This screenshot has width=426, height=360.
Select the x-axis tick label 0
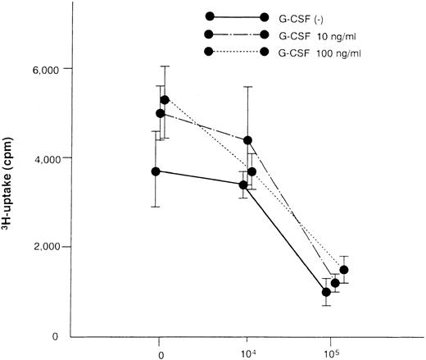pos(161,354)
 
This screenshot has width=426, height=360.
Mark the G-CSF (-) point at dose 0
pos(156,171)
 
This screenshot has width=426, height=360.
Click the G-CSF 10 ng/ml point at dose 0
pos(160,113)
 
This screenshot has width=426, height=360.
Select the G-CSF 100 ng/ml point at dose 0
pos(165,100)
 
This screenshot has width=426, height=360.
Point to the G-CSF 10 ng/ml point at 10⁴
pos(248,140)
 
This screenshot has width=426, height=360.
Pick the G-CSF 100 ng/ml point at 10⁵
pos(344,270)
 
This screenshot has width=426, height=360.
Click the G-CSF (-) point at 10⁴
pos(243,185)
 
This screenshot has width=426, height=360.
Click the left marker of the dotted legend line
pos(209,52)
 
